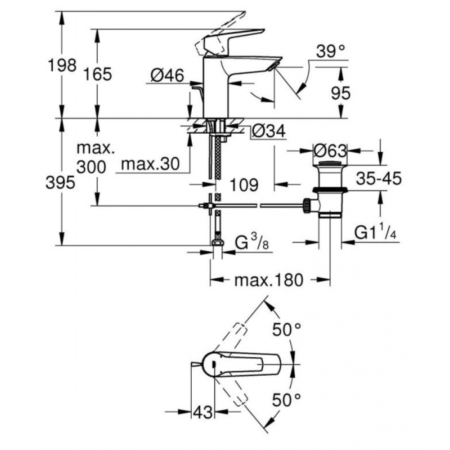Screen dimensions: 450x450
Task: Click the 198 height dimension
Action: pos(62,65)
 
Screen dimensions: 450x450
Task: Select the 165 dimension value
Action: pos(98,74)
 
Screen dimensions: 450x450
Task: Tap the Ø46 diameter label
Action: pos(167,76)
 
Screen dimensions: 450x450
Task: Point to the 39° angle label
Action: pos(330,52)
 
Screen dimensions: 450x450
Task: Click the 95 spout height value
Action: pos(341,93)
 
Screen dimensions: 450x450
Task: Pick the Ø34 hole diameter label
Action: pos(269,131)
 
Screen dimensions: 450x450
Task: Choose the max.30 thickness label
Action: pos(150,164)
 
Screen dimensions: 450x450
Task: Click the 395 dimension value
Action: pos(60,182)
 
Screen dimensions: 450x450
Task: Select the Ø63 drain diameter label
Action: pos(330,150)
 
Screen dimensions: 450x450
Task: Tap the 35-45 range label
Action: pos(379,179)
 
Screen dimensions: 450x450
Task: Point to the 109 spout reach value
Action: pos(244,184)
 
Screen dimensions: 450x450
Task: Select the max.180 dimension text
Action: pos(269,280)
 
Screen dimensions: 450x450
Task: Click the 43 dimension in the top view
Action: pos(203,412)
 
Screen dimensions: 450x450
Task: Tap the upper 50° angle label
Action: pos(286,329)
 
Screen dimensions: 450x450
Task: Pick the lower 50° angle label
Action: pos(286,400)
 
